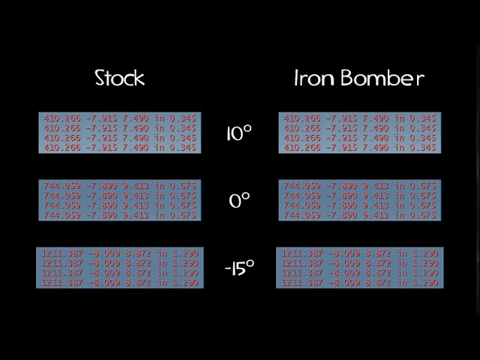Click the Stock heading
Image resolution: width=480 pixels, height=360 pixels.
tap(120, 77)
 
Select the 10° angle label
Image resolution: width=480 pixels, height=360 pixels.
tap(238, 133)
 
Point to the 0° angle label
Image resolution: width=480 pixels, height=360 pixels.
tap(238, 200)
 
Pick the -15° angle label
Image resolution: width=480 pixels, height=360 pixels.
tap(238, 268)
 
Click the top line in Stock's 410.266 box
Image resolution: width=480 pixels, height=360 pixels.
tap(120, 118)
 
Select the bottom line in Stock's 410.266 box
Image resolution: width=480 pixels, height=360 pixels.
tap(120, 148)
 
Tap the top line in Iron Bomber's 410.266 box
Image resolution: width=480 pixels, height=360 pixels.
tap(360, 118)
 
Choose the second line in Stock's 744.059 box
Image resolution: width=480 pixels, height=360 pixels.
tap(120, 195)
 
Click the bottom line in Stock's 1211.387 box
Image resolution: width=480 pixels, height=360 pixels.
tap(120, 283)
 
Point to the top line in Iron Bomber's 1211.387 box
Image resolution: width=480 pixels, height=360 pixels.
tap(360, 253)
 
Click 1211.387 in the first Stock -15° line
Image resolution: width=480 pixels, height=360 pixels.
tap(61, 253)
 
